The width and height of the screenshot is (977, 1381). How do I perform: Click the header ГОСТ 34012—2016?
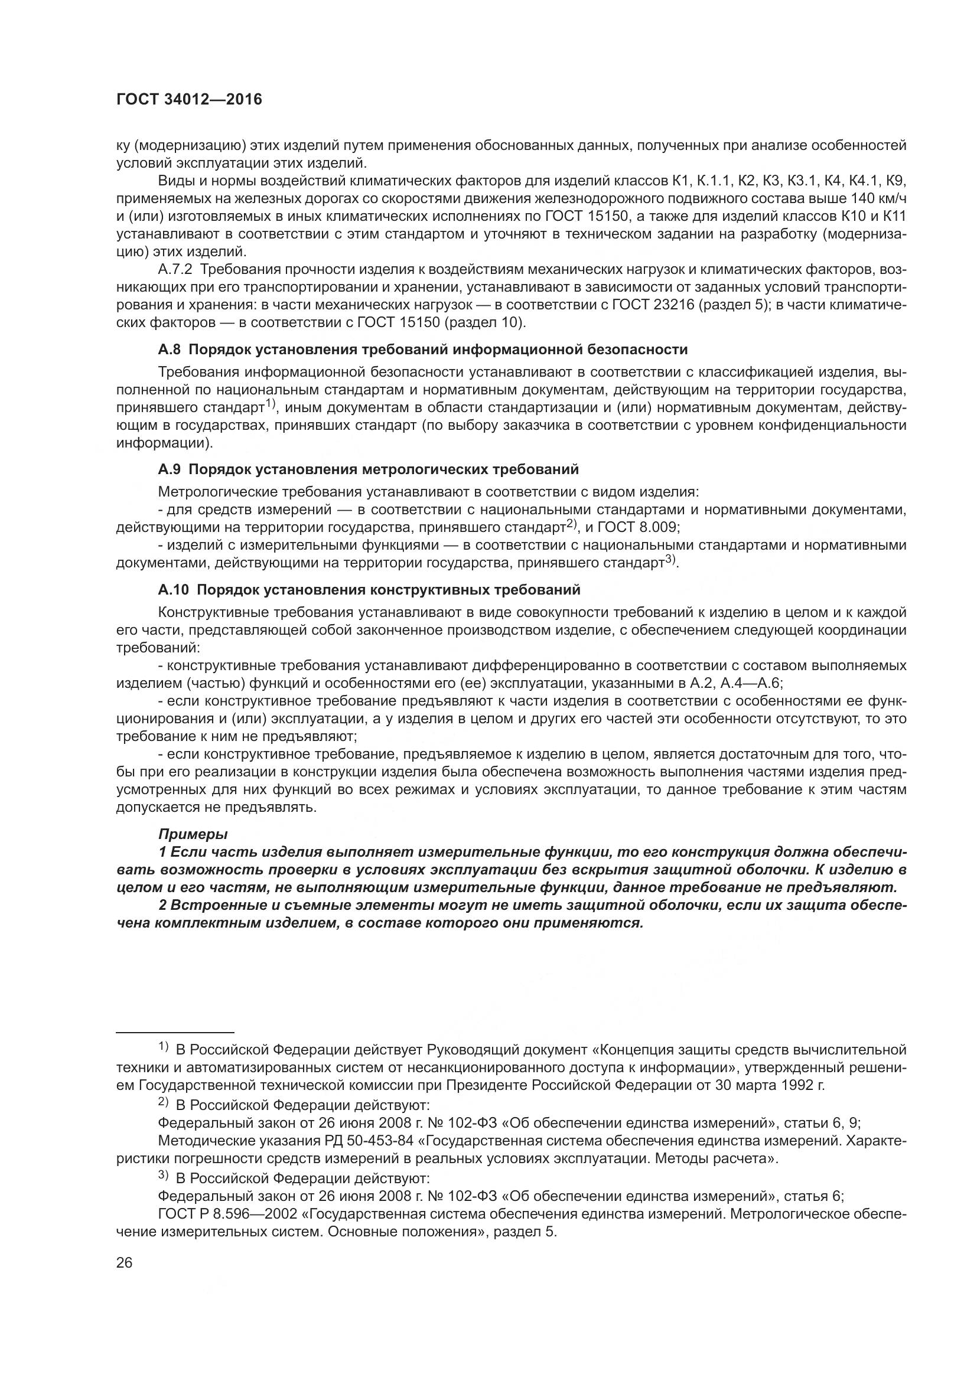(x=189, y=100)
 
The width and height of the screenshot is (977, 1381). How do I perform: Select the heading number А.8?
(x=169, y=350)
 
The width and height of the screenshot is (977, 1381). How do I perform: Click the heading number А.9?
(x=169, y=469)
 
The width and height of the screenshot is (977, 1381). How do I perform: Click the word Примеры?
(x=193, y=834)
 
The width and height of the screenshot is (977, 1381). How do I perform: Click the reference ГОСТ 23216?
(x=653, y=305)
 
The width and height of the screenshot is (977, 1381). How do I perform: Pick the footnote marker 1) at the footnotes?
(x=163, y=1048)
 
